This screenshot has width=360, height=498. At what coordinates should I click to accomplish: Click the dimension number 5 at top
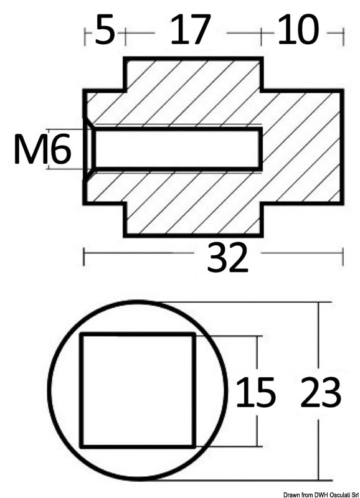pos(105,31)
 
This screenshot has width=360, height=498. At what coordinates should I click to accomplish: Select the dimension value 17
pos(190,31)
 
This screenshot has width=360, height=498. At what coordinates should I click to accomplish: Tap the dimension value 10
pos(297,31)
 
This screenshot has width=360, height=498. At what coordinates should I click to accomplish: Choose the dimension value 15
pos(255,392)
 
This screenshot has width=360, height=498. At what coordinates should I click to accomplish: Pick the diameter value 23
pos(321,392)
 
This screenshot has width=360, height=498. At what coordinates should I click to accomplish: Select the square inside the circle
pos(138,390)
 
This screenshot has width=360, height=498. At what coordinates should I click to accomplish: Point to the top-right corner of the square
pos(194,335)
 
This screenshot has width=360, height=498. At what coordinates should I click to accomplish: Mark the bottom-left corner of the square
pos(82,446)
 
